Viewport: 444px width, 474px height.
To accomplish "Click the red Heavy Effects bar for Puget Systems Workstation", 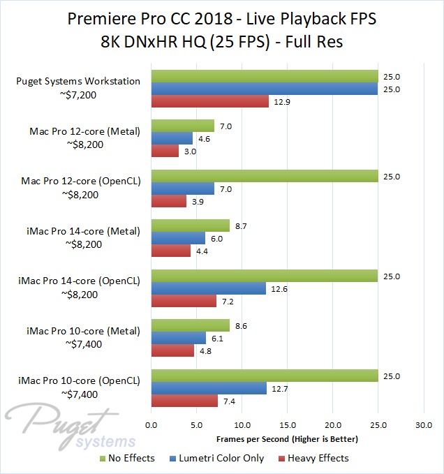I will coord(209,101).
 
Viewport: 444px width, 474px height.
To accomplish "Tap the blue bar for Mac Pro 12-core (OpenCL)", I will coord(183,188).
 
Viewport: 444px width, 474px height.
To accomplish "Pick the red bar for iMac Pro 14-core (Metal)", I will coord(171,251).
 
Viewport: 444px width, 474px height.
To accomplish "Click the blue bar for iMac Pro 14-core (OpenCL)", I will coord(208,288).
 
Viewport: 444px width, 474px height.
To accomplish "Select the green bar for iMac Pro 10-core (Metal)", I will coord(190,325).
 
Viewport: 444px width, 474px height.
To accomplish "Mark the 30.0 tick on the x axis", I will coord(424,425).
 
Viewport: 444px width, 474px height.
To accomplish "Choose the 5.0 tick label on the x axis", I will coord(197,425).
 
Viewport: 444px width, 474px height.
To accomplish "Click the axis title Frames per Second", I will coord(288,439).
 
